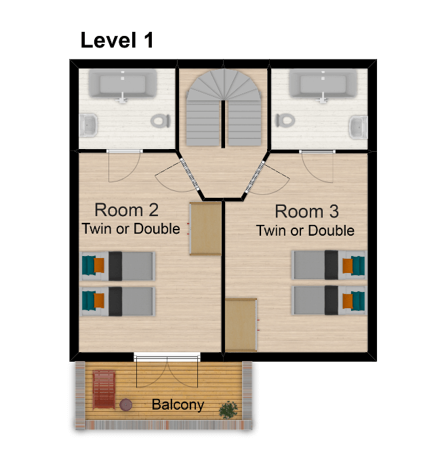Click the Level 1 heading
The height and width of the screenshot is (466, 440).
(x=117, y=40)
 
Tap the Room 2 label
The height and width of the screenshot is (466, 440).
(x=126, y=210)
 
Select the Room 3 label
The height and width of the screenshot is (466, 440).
(x=306, y=211)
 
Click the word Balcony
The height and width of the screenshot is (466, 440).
(x=178, y=405)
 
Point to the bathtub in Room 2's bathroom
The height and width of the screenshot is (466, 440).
(x=123, y=84)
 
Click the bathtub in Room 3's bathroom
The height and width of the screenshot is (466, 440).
(x=323, y=83)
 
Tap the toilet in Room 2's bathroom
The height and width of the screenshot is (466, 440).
(x=161, y=121)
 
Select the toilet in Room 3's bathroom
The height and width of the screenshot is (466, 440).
(x=285, y=121)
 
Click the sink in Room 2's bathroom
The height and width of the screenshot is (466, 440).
(x=88, y=125)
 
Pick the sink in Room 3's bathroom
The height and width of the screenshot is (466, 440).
(x=358, y=127)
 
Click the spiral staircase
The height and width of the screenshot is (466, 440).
(x=224, y=108)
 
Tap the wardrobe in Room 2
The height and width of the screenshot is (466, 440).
(x=205, y=228)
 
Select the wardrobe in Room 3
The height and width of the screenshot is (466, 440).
(x=241, y=325)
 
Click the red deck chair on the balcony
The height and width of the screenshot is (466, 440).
(x=104, y=389)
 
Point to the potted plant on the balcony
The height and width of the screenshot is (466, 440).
(x=228, y=410)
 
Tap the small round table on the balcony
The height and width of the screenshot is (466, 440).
(x=126, y=404)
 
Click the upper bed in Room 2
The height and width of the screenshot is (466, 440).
(x=118, y=266)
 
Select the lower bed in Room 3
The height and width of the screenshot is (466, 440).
(x=329, y=300)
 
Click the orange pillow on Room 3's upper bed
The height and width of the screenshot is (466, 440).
(x=348, y=266)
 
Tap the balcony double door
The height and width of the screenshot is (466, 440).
(x=167, y=370)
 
